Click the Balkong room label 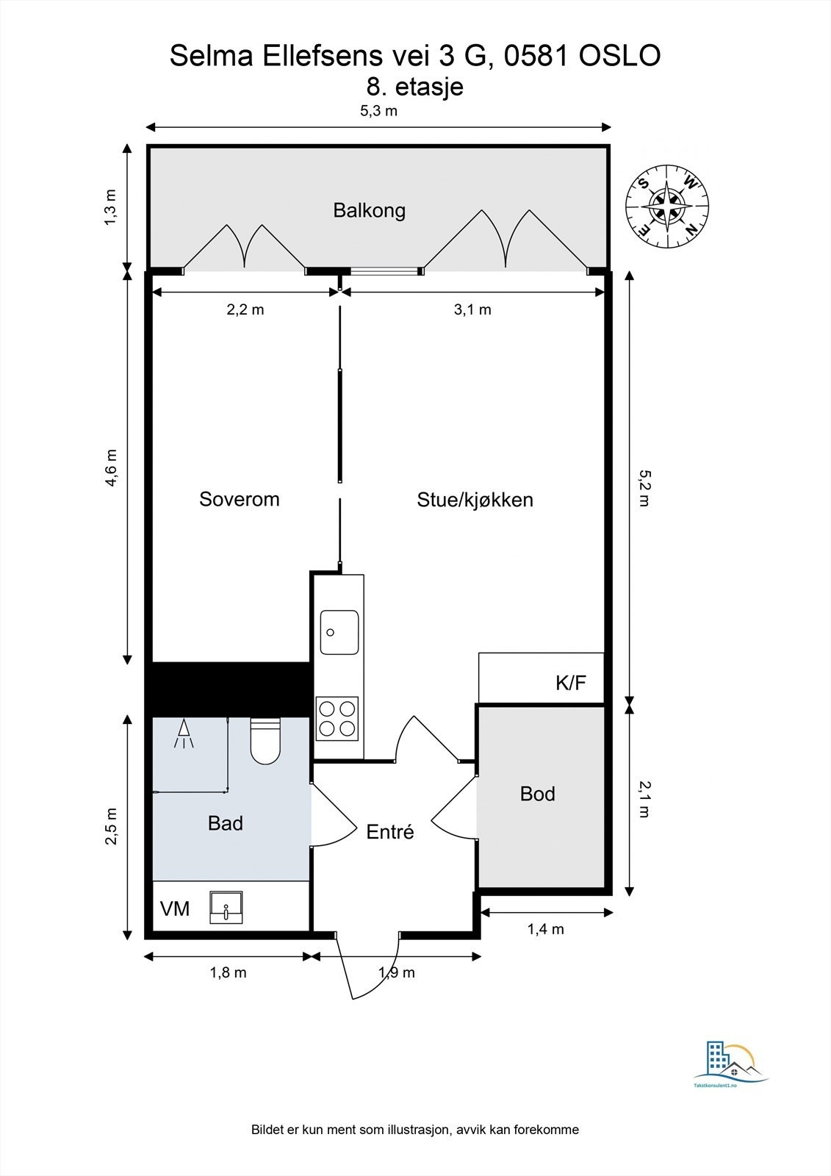(x=369, y=210)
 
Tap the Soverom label (x=240, y=499)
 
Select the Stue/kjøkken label (x=475, y=499)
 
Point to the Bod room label (x=538, y=793)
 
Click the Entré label (x=390, y=831)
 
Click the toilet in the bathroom (x=266, y=741)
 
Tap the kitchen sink (x=339, y=632)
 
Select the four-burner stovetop (x=337, y=718)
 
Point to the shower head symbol (x=184, y=734)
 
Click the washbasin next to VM (x=226, y=907)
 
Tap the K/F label (x=571, y=683)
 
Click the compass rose (x=667, y=206)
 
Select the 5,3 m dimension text (x=378, y=111)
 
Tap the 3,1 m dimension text (x=472, y=309)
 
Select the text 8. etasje (x=414, y=87)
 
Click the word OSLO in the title (x=620, y=56)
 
